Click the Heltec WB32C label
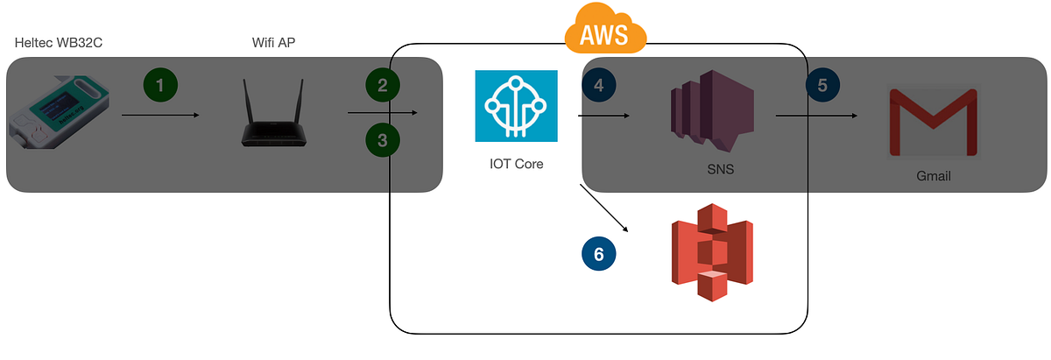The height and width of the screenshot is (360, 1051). pyautogui.click(x=60, y=43)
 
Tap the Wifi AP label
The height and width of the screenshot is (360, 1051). pyautogui.click(x=272, y=43)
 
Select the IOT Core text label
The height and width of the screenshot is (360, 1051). pyautogui.click(x=517, y=163)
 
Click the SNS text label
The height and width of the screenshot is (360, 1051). pyautogui.click(x=720, y=169)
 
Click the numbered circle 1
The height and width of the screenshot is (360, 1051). pyautogui.click(x=159, y=85)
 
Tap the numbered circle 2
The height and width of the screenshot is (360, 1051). pyautogui.click(x=383, y=85)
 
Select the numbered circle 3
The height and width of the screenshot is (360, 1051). pyautogui.click(x=383, y=139)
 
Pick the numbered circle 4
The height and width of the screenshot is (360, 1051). pyautogui.click(x=599, y=85)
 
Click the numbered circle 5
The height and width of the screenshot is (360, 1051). pyautogui.click(x=822, y=85)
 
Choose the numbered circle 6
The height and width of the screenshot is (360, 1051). pyautogui.click(x=599, y=254)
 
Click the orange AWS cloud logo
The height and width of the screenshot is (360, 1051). pyautogui.click(x=605, y=32)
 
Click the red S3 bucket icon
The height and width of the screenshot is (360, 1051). pyautogui.click(x=711, y=251)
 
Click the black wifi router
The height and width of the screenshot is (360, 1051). pyautogui.click(x=272, y=115)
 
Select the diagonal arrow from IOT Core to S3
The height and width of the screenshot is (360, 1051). pyautogui.click(x=604, y=208)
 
